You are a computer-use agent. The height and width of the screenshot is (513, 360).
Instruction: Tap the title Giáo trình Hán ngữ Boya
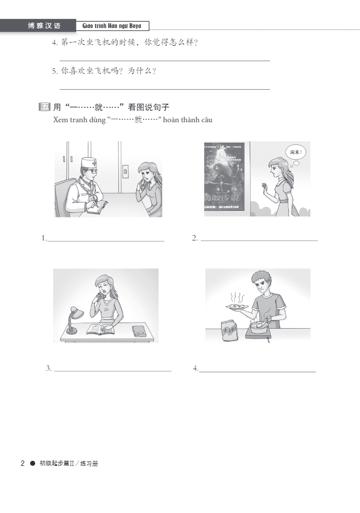(x=112, y=26)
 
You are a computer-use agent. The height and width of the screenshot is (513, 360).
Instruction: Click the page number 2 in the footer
(x=22, y=463)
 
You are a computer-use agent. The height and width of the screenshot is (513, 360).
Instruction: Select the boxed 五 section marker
(x=45, y=107)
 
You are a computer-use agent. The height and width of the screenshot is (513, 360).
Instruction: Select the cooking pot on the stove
(x=258, y=327)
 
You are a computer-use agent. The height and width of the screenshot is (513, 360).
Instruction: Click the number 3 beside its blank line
(x=48, y=368)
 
